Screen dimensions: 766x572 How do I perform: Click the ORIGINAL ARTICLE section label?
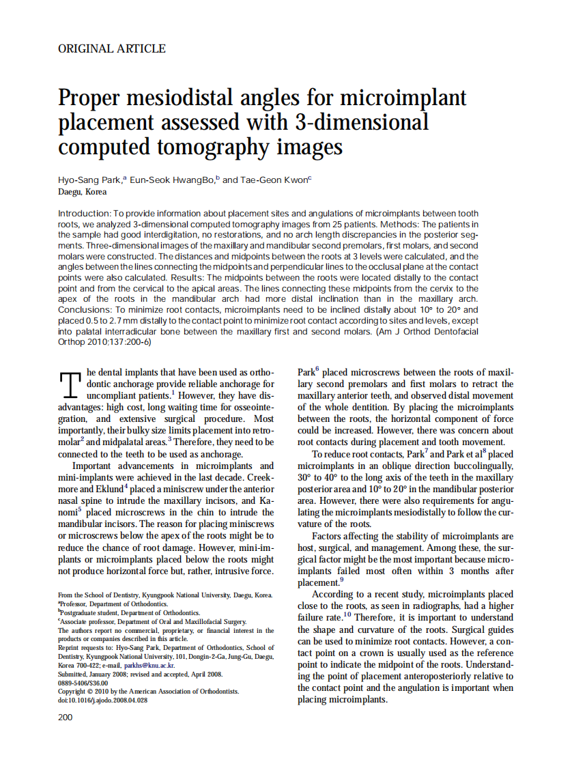click(x=112, y=48)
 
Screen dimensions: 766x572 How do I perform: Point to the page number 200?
click(x=66, y=717)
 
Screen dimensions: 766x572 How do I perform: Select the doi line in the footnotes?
click(x=102, y=700)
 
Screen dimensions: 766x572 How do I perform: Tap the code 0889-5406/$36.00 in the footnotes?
click(x=83, y=682)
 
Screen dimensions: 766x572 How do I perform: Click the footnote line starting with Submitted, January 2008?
click(x=141, y=674)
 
